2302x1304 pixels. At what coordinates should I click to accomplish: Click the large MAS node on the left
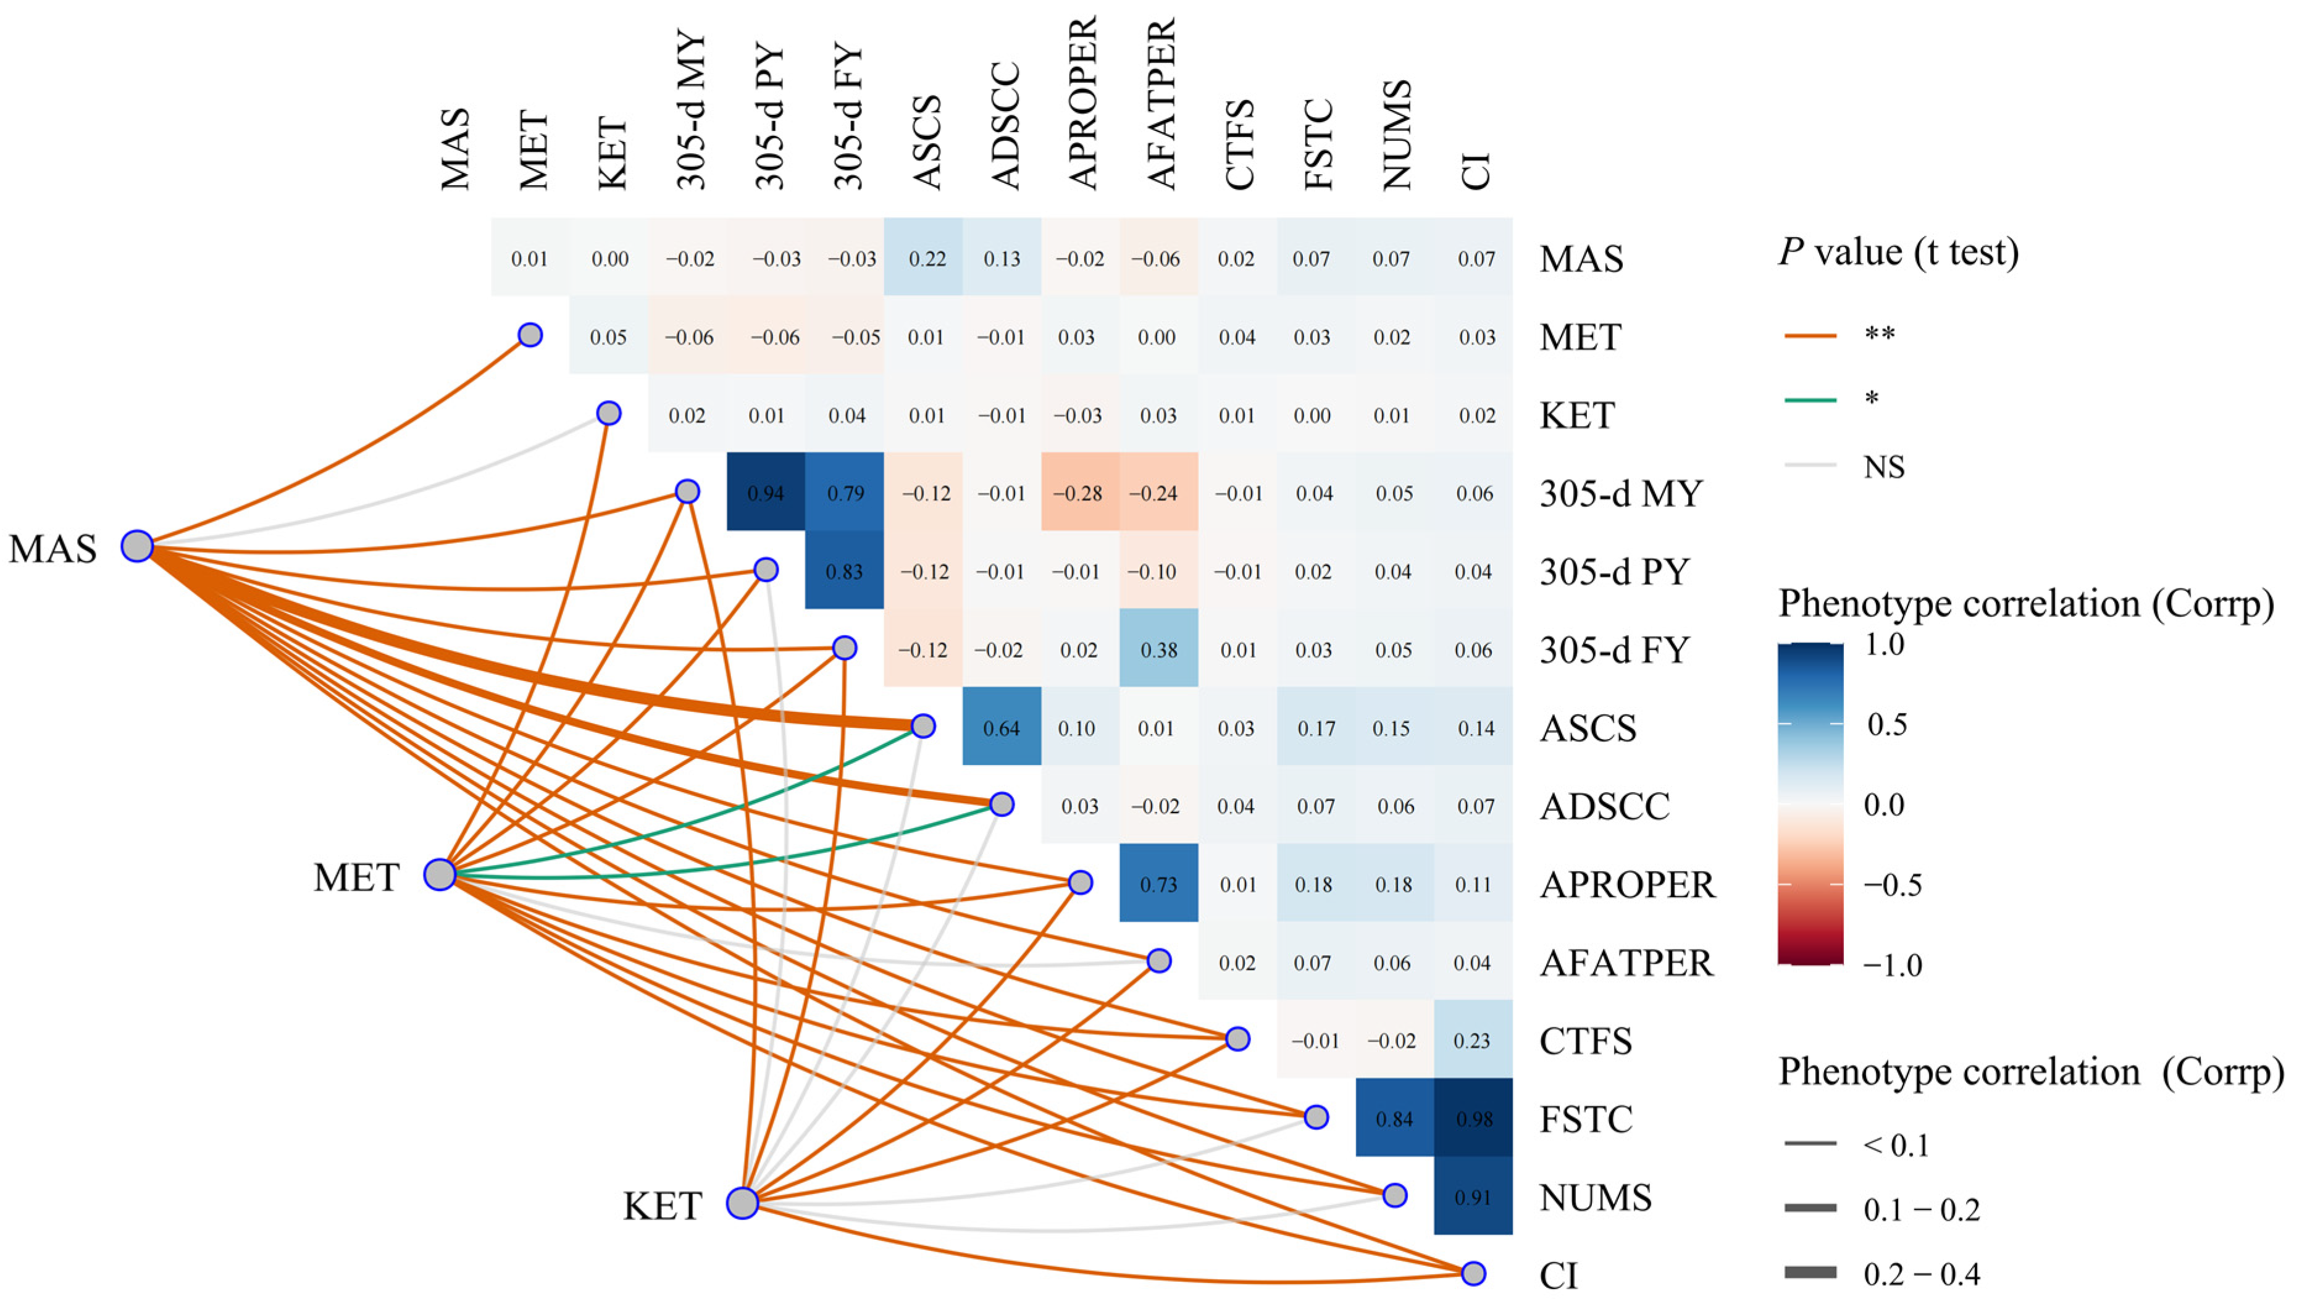coord(137,545)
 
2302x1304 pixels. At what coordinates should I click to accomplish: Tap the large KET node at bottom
coord(743,1203)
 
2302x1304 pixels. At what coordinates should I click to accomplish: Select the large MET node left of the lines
coord(440,874)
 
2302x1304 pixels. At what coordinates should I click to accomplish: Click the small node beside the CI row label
coord(1473,1273)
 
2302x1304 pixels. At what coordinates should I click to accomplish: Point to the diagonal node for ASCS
coord(924,725)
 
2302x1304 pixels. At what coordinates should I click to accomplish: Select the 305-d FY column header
coord(847,117)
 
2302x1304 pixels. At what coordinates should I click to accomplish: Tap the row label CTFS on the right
coord(1586,1041)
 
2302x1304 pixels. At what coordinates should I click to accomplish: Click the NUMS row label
coord(1595,1197)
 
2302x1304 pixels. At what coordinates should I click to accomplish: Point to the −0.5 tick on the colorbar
coord(1893,885)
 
